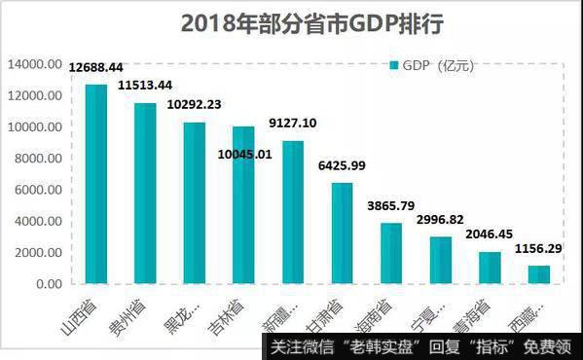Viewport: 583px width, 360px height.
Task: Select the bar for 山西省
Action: pos(96,185)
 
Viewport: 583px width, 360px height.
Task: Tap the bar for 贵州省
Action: pos(145,194)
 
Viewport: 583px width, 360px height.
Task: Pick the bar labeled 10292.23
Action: pos(195,203)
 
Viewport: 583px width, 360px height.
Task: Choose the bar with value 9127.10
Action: pos(293,213)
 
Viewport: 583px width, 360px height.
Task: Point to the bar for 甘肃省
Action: pos(342,234)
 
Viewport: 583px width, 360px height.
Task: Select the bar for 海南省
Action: pos(390,254)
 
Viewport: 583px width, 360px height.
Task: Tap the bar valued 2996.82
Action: pos(440,261)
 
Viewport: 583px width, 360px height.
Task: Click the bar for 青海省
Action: pos(490,269)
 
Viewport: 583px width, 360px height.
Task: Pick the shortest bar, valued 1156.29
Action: pos(538,274)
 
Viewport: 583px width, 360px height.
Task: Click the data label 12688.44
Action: pos(96,68)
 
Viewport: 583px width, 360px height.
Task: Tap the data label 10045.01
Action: pos(244,154)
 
